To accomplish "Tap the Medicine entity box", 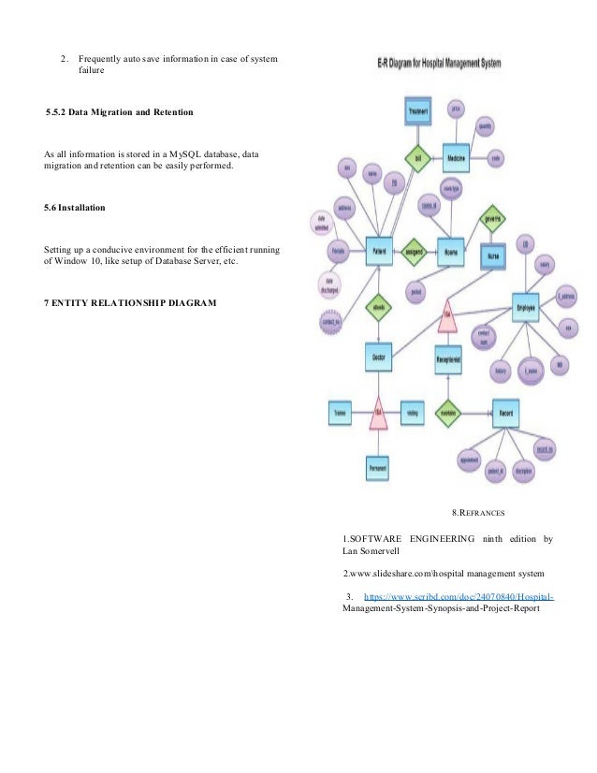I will pyautogui.click(x=456, y=158).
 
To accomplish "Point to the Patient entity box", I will pyautogui.click(x=379, y=252).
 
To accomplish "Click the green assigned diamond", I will pyautogui.click(x=414, y=252).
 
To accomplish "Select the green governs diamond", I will pyautogui.click(x=491, y=219).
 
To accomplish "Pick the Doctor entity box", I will pyautogui.click(x=379, y=357).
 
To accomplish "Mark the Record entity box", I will pyautogui.click(x=505, y=412).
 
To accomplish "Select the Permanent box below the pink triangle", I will pyautogui.click(x=377, y=466).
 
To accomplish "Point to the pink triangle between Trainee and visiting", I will pyautogui.click(x=378, y=415).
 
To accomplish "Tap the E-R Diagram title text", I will pyautogui.click(x=431, y=66).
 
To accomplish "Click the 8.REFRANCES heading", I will pyautogui.click(x=478, y=513).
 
